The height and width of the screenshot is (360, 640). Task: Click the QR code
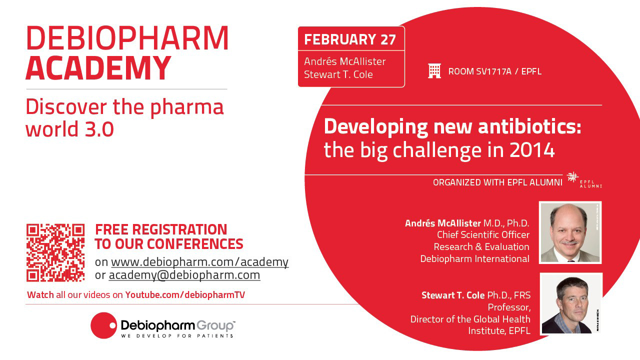[x=55, y=252]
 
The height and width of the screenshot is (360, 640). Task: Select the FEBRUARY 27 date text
[x=350, y=39]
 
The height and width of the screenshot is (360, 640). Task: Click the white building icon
[x=434, y=71]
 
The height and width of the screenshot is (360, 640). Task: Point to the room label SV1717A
[x=493, y=71]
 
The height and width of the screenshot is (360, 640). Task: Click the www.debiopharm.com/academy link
[x=199, y=262]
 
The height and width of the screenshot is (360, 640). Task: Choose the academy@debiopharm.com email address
[x=184, y=275]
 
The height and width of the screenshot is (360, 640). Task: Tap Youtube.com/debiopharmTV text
[x=185, y=295]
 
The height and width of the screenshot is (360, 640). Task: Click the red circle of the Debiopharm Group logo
[x=103, y=325]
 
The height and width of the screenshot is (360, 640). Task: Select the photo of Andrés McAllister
[x=570, y=232]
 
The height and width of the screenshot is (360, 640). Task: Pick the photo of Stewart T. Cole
[x=571, y=303]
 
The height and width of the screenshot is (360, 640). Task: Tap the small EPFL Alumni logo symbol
[x=572, y=177]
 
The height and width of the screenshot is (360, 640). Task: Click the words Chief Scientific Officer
[x=483, y=235]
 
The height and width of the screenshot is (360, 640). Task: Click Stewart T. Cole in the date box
[x=338, y=74]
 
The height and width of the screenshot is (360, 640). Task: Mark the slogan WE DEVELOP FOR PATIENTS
[x=177, y=335]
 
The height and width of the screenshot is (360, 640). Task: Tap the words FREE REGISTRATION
[x=161, y=229]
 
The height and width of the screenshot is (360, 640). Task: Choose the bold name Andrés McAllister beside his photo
[x=443, y=223]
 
